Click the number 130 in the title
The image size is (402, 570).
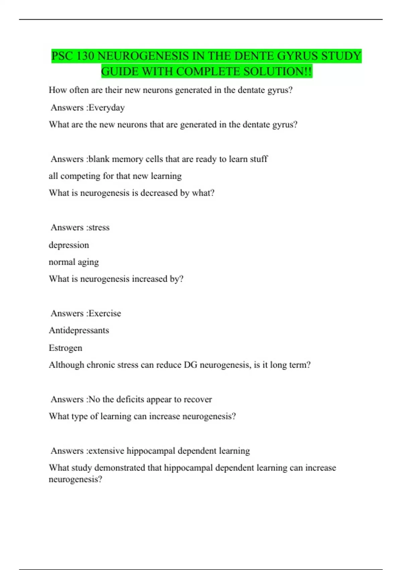pyautogui.click(x=85, y=56)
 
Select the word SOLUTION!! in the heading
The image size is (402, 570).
pyautogui.click(x=278, y=71)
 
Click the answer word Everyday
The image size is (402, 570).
pyautogui.click(x=107, y=108)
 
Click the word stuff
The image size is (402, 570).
pyautogui.click(x=259, y=159)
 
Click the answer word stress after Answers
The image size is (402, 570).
pyautogui.click(x=99, y=227)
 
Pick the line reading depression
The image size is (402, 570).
pyautogui.click(x=69, y=245)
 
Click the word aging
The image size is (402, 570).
pyautogui.click(x=88, y=262)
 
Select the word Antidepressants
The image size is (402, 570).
pyautogui.click(x=79, y=330)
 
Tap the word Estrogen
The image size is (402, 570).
pyautogui.click(x=65, y=348)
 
